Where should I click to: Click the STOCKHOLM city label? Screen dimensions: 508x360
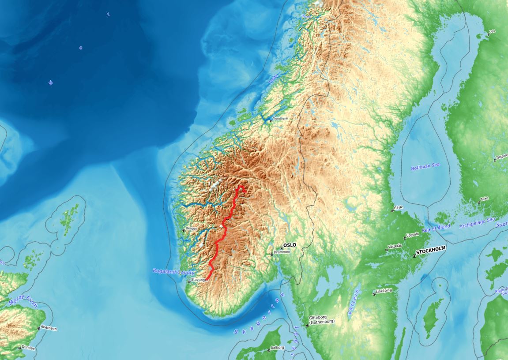pyautogui.click(x=430, y=249)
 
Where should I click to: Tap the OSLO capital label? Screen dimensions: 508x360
pyautogui.click(x=290, y=245)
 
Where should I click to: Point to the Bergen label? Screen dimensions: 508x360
pyautogui.click(x=192, y=229)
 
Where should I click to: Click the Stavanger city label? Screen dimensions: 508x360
pyautogui.click(x=199, y=280)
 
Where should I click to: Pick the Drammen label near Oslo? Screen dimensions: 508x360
pyautogui.click(x=282, y=252)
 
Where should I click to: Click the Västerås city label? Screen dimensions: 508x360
pyautogui.click(x=395, y=246)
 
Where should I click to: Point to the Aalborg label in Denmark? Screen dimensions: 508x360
pyautogui.click(x=277, y=348)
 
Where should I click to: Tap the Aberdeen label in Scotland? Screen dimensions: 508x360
pyautogui.click(x=49, y=328)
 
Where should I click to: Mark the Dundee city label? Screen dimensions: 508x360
pyautogui.click(x=29, y=348)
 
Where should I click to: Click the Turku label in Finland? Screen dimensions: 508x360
pyautogui.click(x=484, y=199)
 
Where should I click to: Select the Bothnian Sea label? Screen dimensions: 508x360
pyautogui.click(x=425, y=166)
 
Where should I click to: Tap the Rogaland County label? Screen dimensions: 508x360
pyautogui.click(x=173, y=271)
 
